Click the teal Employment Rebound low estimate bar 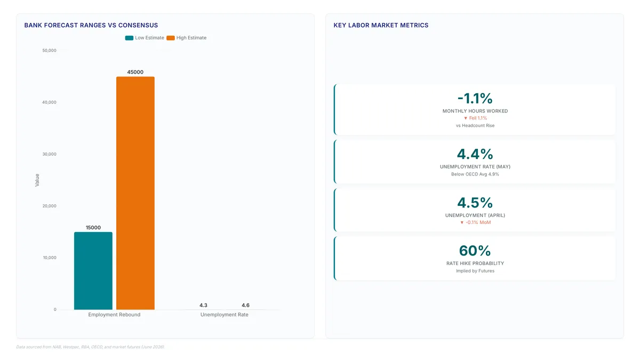(93, 270)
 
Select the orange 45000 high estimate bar (135, 193)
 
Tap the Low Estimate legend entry (145, 38)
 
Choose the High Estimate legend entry (186, 38)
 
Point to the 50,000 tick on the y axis (50, 51)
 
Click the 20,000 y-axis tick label (50, 206)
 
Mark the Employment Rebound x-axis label (114, 315)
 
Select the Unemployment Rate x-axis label (225, 315)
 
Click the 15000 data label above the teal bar (93, 227)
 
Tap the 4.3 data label (203, 305)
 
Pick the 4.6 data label (245, 305)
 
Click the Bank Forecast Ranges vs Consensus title (91, 25)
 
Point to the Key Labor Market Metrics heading (381, 25)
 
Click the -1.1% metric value (475, 98)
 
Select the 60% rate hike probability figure (475, 251)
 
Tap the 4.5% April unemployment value (475, 203)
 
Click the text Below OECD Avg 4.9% (475, 174)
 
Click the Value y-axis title (37, 180)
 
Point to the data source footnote (90, 347)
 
